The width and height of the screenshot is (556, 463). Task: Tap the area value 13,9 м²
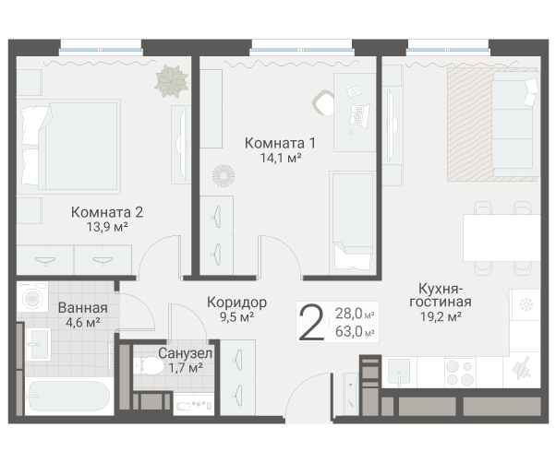[x=107, y=226]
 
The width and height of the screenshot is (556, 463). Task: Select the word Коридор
[x=236, y=303]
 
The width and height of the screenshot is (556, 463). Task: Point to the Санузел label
[x=185, y=353]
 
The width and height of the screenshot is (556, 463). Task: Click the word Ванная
[x=82, y=308]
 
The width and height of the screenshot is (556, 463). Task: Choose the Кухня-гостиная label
[x=441, y=294]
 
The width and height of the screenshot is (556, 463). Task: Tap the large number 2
[x=313, y=324]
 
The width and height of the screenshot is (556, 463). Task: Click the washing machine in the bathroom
[x=36, y=301]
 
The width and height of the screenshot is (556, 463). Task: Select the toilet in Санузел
[x=148, y=368]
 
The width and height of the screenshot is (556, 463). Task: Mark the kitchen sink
[x=398, y=372]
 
